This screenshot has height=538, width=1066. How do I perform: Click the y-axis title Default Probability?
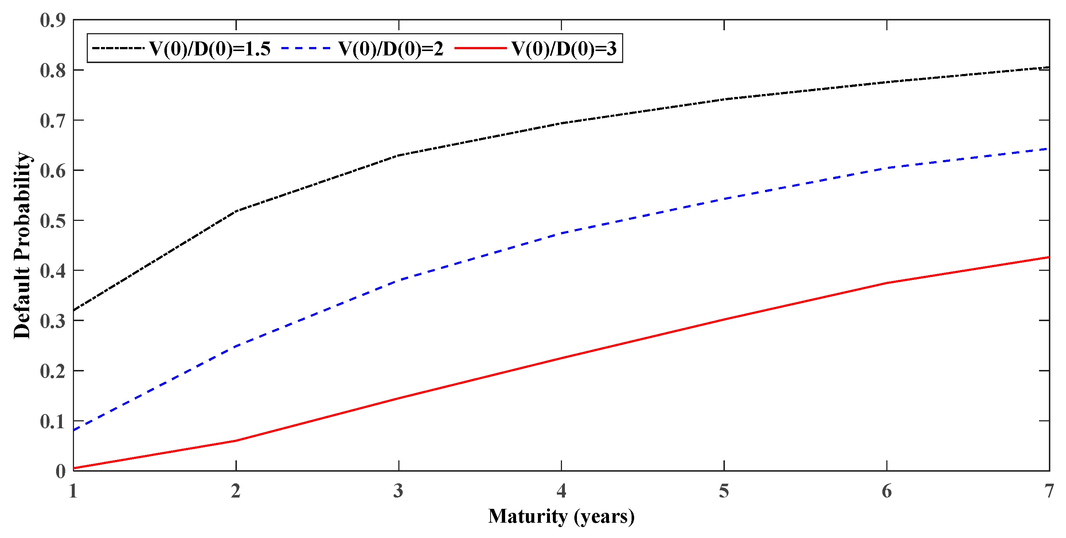(x=22, y=245)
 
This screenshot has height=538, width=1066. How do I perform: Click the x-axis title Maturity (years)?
(x=561, y=516)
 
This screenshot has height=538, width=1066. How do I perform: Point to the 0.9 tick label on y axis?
(x=53, y=20)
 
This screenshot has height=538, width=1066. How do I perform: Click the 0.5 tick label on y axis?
(x=53, y=221)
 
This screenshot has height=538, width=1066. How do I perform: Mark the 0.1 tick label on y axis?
(x=53, y=421)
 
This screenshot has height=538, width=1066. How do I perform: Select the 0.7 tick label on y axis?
(x=53, y=120)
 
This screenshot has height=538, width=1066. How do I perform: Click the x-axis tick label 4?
(x=561, y=491)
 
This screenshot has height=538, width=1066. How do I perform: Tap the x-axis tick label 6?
(x=886, y=491)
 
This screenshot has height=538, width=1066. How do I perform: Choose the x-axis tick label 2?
(x=236, y=491)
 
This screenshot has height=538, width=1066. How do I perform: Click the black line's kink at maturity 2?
(x=236, y=211)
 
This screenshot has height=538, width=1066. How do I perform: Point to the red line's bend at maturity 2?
(x=236, y=440)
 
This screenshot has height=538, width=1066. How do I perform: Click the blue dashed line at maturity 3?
(x=398, y=281)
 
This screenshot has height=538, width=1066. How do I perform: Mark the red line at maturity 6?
(x=886, y=283)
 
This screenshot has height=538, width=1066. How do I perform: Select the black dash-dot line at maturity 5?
(x=724, y=99)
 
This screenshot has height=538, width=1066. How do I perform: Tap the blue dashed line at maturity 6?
(x=886, y=168)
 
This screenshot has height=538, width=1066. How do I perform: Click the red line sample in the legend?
(x=480, y=49)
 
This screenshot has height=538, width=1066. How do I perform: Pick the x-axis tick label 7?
(x=1048, y=491)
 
